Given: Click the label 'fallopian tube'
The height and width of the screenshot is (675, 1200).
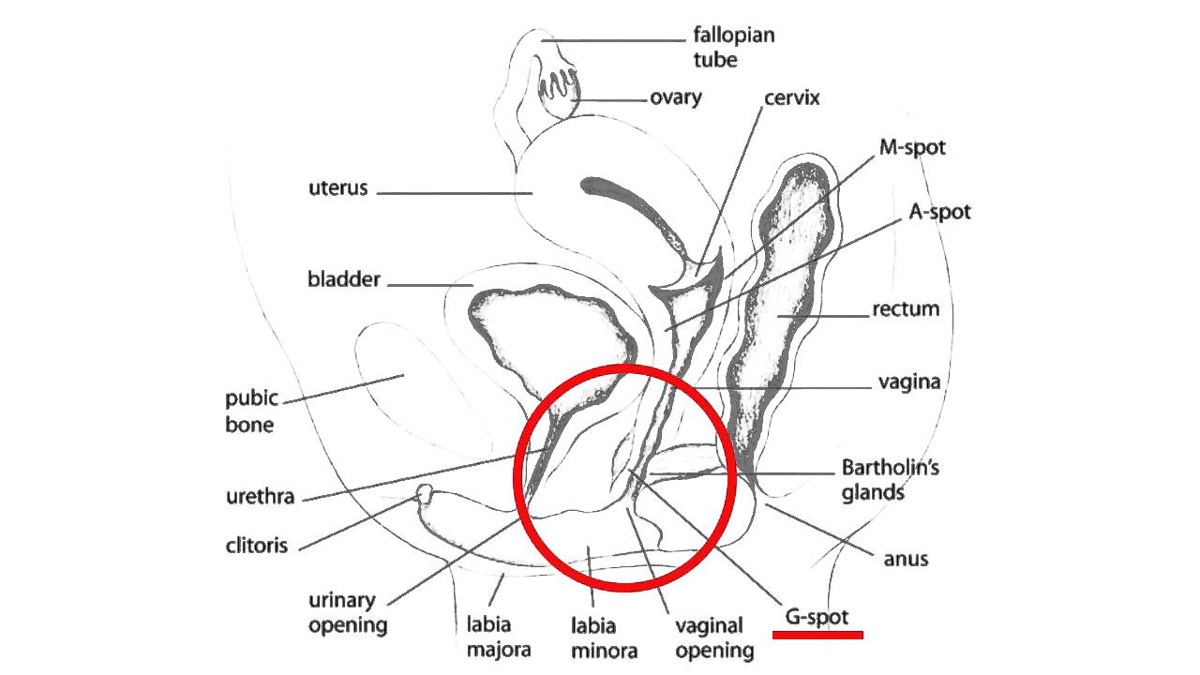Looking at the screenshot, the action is pyautogui.click(x=733, y=48).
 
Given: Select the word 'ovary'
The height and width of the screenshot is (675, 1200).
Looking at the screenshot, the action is pyautogui.click(x=676, y=97).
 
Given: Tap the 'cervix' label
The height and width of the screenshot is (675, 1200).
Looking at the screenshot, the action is pyautogui.click(x=792, y=97).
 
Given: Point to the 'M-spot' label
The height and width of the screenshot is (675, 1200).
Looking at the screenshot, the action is pyautogui.click(x=912, y=147).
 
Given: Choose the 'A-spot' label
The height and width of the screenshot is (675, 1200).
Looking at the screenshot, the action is pyautogui.click(x=939, y=212).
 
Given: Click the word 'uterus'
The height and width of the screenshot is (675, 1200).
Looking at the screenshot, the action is pyautogui.click(x=338, y=188).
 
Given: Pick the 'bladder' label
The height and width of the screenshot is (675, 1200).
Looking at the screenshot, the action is pyautogui.click(x=344, y=279).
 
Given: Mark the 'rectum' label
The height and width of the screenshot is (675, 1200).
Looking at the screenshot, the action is pyautogui.click(x=906, y=308).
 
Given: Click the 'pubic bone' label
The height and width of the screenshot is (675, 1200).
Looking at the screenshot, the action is pyautogui.click(x=251, y=411).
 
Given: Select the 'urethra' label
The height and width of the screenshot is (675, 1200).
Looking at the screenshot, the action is pyautogui.click(x=260, y=496).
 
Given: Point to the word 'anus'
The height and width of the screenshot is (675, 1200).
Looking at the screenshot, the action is pyautogui.click(x=906, y=559).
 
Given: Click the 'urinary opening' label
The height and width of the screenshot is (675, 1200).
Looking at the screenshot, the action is pyautogui.click(x=348, y=612).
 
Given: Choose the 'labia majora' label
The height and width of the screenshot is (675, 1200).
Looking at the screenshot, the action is pyautogui.click(x=499, y=635).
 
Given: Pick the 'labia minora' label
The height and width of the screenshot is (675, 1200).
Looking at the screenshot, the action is pyautogui.click(x=605, y=637).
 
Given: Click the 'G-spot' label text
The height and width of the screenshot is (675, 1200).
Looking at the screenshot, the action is pyautogui.click(x=817, y=617).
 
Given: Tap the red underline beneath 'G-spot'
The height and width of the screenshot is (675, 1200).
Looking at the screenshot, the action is pyautogui.click(x=817, y=635).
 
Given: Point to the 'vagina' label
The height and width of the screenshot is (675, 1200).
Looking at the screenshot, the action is pyautogui.click(x=908, y=382).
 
